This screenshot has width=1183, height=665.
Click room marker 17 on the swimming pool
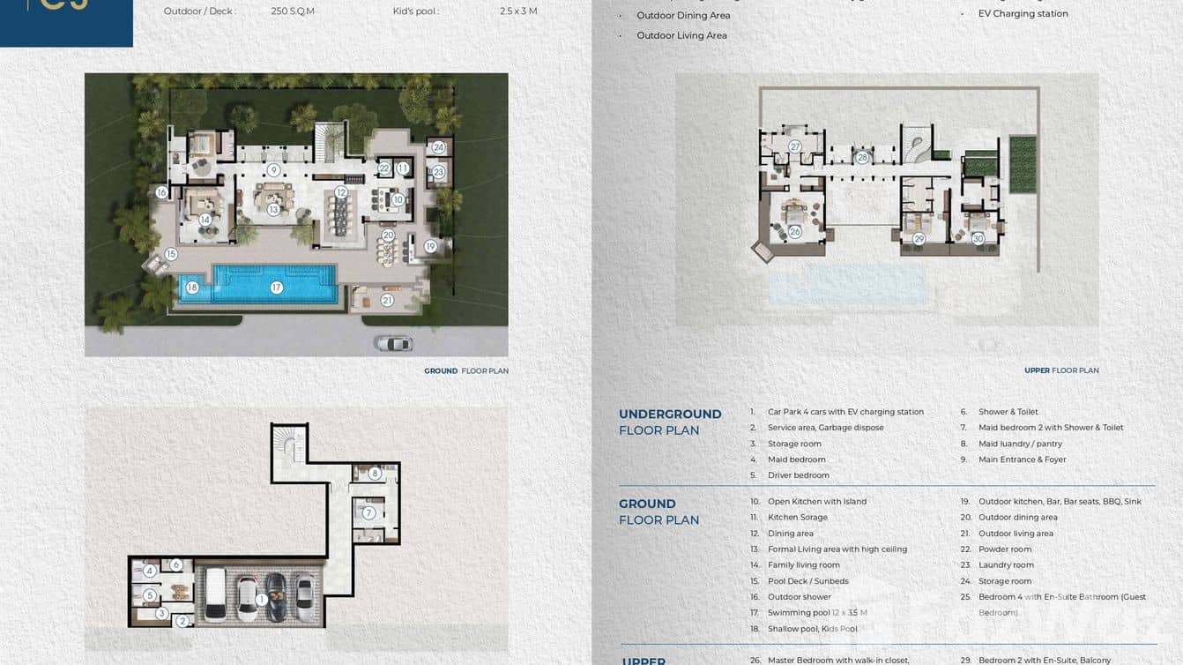(x=276, y=288)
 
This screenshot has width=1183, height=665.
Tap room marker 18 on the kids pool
(x=192, y=288)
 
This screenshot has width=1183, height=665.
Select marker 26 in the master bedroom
(x=794, y=232)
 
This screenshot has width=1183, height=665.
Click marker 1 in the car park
(x=261, y=600)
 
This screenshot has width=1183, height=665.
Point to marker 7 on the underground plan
(x=368, y=512)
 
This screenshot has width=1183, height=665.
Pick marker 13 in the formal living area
(x=273, y=210)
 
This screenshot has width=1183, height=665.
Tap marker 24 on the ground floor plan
(x=438, y=147)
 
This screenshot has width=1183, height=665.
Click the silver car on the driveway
(x=393, y=343)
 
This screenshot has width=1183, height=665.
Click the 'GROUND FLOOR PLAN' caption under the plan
(x=465, y=371)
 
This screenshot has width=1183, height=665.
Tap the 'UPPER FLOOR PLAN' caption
(x=1060, y=370)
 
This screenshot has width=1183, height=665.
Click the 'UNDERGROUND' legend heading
(x=670, y=415)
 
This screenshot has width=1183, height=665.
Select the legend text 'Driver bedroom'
(x=798, y=475)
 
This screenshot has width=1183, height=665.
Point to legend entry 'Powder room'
(x=1005, y=549)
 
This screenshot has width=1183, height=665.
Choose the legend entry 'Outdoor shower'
(x=799, y=597)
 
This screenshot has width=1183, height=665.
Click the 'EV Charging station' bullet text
(x=1023, y=14)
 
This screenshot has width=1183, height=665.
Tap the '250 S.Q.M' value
(x=293, y=11)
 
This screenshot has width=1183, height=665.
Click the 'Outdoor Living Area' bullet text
(x=681, y=36)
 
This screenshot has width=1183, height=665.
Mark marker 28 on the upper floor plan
(x=862, y=158)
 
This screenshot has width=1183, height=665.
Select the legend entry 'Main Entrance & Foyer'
(x=1022, y=460)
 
